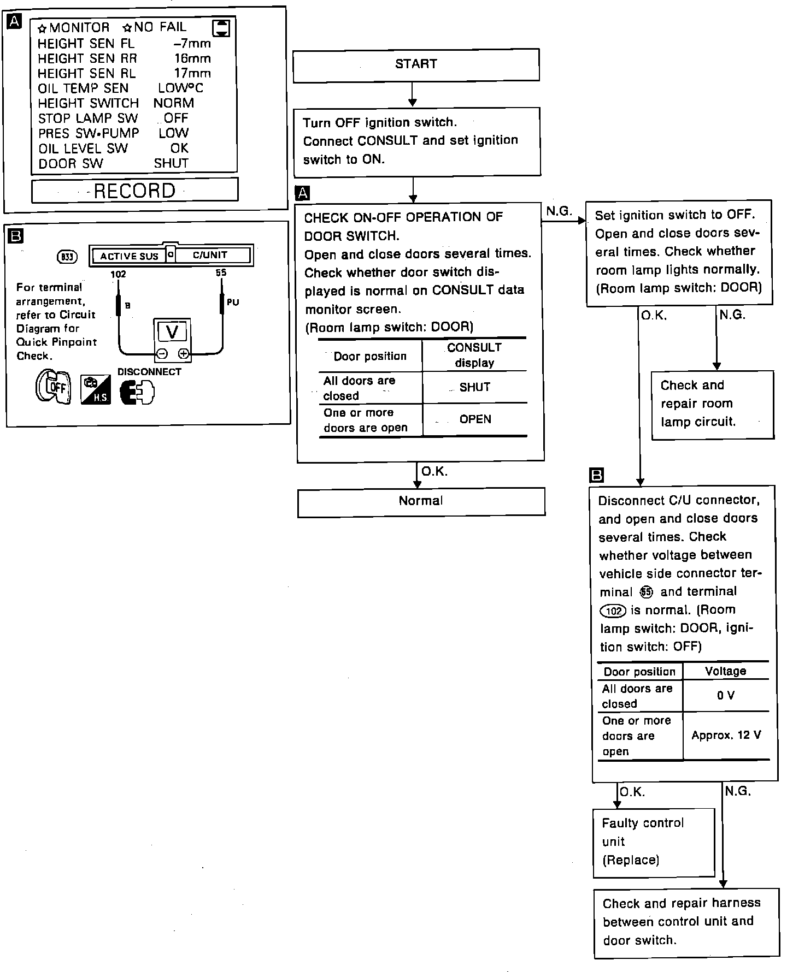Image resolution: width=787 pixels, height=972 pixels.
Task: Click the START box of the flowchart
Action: coord(416,65)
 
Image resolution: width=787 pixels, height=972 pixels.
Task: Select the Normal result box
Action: coord(421,501)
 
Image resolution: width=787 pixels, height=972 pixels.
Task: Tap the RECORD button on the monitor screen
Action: coord(135,191)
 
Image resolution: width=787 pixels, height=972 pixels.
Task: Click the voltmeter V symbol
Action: coord(172,332)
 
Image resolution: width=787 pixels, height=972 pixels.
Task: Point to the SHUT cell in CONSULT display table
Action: coord(474,387)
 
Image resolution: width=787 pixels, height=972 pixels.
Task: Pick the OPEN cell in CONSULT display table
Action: coord(475,419)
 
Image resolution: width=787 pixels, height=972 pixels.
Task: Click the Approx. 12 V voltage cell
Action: coord(726,735)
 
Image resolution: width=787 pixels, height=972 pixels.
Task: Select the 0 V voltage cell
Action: coord(726,695)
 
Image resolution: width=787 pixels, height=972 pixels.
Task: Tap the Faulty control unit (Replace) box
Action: coord(654,841)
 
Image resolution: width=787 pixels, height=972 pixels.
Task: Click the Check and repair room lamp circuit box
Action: coord(712,404)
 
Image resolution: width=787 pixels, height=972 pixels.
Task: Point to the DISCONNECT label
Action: coord(149,372)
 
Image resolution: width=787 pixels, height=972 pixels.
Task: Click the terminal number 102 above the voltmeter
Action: coord(119,274)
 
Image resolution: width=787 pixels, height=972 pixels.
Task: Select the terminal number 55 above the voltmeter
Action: coord(221,272)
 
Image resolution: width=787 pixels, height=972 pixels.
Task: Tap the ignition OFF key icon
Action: coord(54,387)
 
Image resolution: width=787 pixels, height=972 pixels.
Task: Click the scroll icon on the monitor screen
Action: coord(221,28)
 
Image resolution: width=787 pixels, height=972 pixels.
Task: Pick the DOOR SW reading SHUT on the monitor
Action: coord(171,163)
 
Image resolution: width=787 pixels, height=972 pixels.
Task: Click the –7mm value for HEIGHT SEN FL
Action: coord(192,44)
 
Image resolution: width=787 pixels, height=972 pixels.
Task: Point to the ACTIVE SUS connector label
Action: coord(129,256)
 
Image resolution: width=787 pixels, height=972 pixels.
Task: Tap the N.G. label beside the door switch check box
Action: coord(559,211)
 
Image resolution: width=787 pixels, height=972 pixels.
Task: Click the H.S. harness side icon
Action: coord(96,390)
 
